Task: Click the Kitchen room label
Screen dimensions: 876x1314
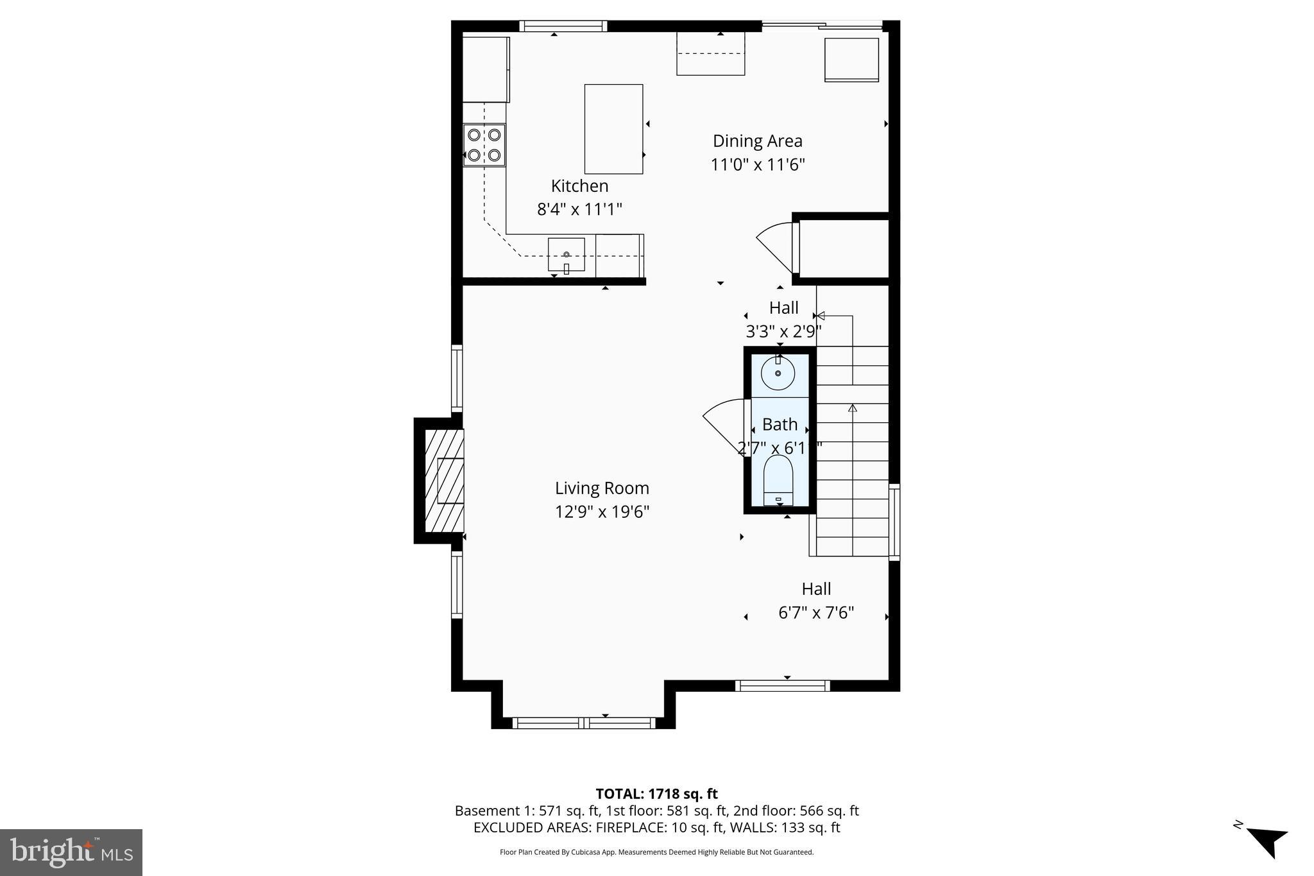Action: tap(579, 186)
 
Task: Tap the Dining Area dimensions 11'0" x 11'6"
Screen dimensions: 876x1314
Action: tap(757, 165)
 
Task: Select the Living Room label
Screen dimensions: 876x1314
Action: tap(602, 488)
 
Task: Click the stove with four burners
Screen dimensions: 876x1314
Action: tap(484, 145)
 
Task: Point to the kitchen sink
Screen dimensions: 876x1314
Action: tap(566, 254)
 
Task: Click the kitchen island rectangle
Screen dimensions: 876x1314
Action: tap(613, 129)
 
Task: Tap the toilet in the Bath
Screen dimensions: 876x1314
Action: tap(778, 481)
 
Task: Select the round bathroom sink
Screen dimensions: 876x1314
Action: tap(778, 374)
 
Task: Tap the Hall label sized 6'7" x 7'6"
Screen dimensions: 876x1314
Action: tap(816, 589)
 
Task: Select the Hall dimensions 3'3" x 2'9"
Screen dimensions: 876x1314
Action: tap(783, 332)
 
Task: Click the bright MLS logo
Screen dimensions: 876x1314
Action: tap(71, 852)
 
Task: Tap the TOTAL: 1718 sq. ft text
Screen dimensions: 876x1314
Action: tap(656, 794)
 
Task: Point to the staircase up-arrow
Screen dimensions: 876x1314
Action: tap(853, 408)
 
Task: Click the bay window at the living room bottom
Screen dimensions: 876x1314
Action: tap(584, 723)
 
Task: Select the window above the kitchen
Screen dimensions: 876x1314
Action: tap(563, 26)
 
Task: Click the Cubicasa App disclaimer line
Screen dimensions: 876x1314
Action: tap(656, 852)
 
